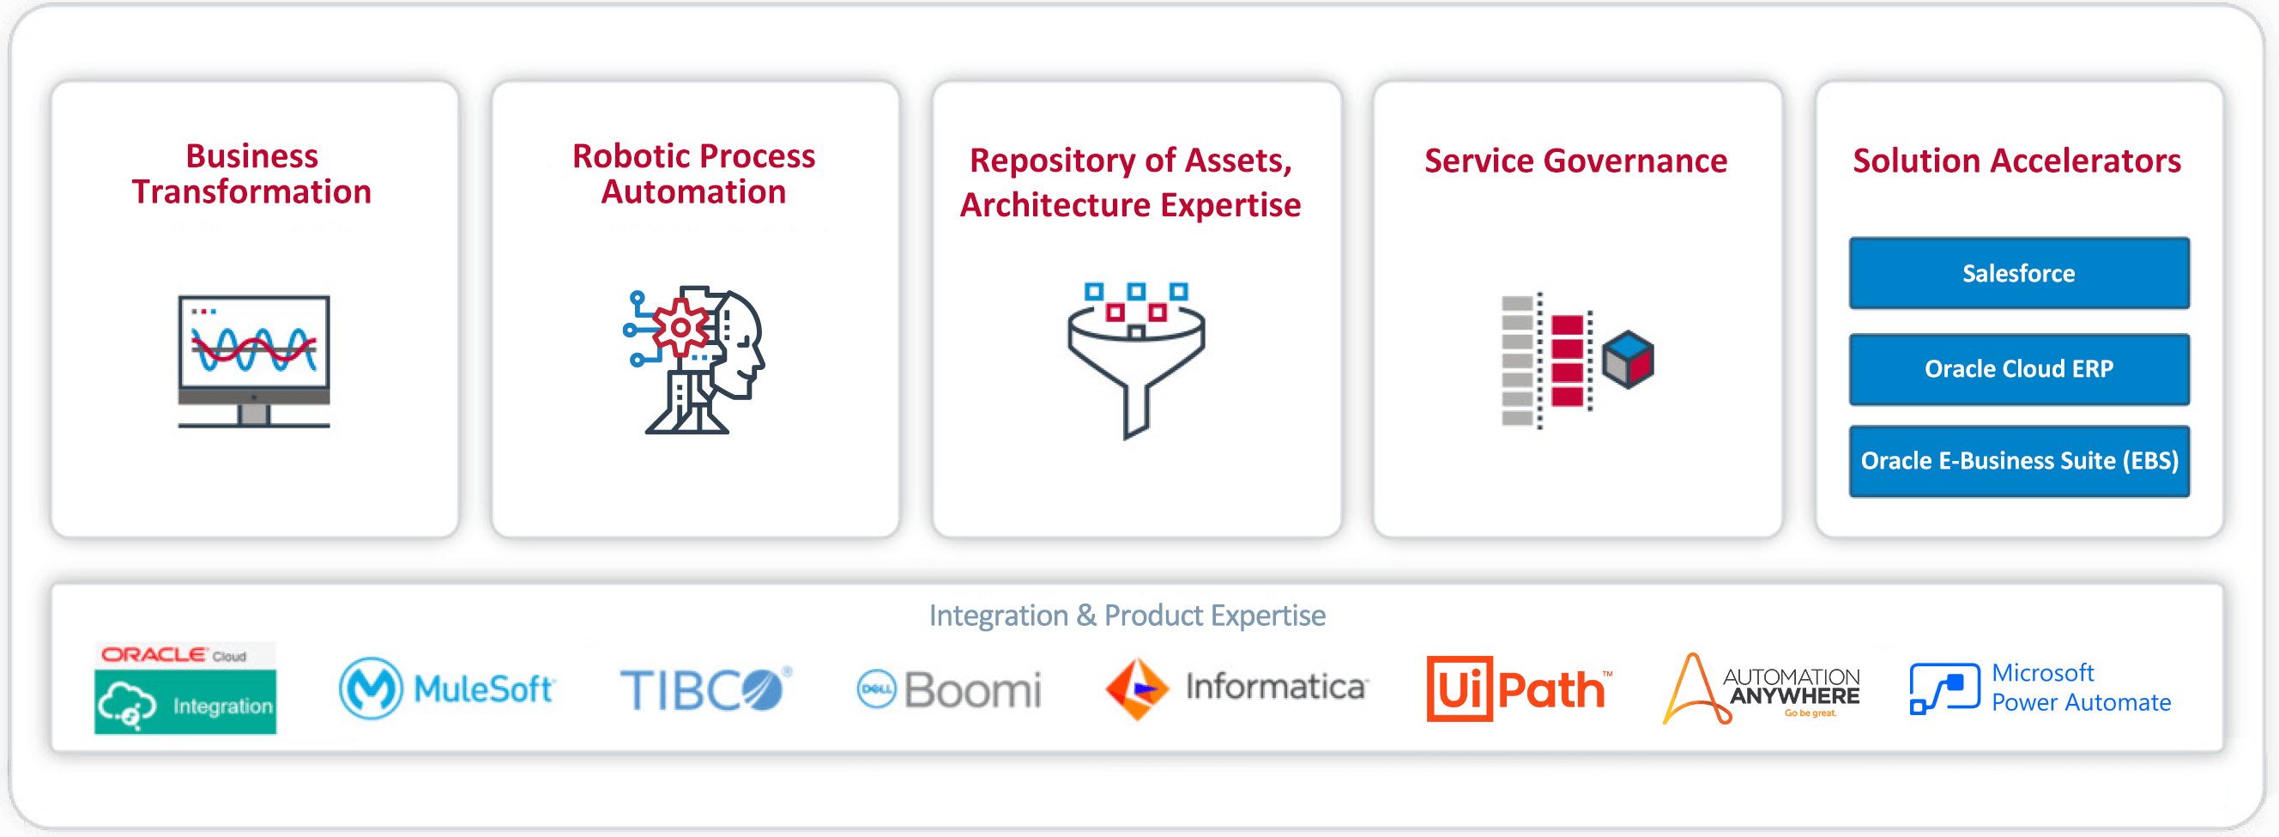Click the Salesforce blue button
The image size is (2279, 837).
coord(2018,272)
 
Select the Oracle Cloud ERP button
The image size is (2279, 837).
coord(2018,369)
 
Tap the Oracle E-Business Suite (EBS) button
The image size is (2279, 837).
coord(2018,461)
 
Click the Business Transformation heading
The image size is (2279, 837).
coord(252,173)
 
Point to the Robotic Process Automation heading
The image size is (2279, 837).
coord(693,173)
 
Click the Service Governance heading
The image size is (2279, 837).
coord(1575,161)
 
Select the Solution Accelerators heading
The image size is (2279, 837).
coord(2016,161)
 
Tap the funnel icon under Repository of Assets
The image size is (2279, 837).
coord(1136,358)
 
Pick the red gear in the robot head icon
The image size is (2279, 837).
coord(680,327)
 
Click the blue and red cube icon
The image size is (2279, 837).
coord(1628,358)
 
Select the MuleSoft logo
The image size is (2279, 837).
coord(447,688)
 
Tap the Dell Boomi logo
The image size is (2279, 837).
coord(949,689)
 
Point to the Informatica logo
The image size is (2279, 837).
coord(1236,688)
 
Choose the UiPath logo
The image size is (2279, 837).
coord(1519,688)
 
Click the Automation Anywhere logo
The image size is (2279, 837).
coord(1761,689)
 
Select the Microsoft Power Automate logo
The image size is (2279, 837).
coord(2040,688)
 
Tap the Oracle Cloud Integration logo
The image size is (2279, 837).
coord(184,688)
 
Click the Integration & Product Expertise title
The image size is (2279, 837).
coord(1127,615)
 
